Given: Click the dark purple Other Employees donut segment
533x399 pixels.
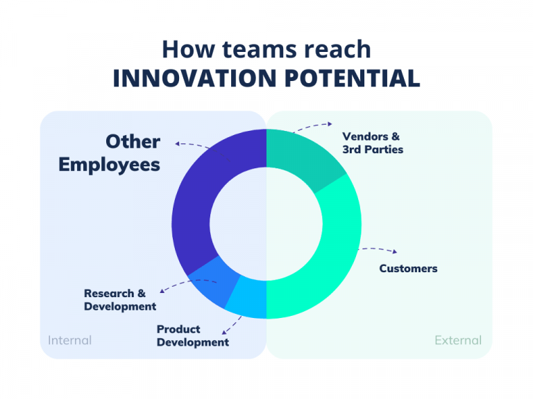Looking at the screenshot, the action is pyautogui.click(x=201, y=190).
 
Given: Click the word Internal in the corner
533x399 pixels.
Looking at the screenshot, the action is pyautogui.click(x=69, y=340).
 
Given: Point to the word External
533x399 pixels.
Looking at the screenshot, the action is pyautogui.click(x=458, y=340).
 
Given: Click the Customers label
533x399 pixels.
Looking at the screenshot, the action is pyautogui.click(x=408, y=268).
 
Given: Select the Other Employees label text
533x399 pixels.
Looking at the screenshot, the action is pyautogui.click(x=109, y=153).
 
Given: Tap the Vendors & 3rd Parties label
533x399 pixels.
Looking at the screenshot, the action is pyautogui.click(x=373, y=143).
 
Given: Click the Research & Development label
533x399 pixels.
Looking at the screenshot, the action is pyautogui.click(x=120, y=300).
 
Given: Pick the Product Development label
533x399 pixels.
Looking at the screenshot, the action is pyautogui.click(x=193, y=335).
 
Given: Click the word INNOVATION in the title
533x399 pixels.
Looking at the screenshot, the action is pyautogui.click(x=195, y=78).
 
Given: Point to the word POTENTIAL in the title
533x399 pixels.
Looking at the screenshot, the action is pyautogui.click(x=353, y=78).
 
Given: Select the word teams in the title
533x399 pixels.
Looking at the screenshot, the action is pyautogui.click(x=260, y=50).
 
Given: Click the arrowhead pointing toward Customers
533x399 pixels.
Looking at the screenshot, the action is pyautogui.click(x=395, y=251).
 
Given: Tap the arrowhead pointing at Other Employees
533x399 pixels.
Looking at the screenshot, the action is pyautogui.click(x=177, y=144).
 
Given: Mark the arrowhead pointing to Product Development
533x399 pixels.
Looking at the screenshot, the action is pyautogui.click(x=223, y=332).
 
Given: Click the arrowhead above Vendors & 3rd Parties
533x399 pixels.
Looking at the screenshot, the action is pyautogui.click(x=330, y=124).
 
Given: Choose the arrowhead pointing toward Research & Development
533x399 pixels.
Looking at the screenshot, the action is pyautogui.click(x=162, y=290).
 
